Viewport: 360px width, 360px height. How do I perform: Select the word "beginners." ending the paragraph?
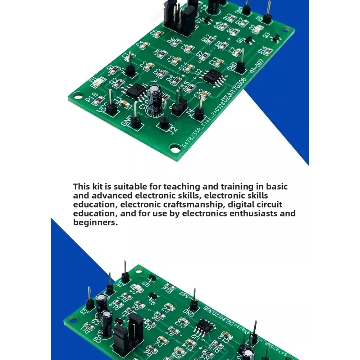[95, 223]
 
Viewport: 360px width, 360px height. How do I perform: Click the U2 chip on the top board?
[213, 76]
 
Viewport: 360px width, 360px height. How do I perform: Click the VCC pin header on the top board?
[111, 107]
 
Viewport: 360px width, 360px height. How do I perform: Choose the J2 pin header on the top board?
[164, 122]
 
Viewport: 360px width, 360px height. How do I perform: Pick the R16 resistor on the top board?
[267, 51]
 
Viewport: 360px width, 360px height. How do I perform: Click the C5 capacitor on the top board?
[156, 34]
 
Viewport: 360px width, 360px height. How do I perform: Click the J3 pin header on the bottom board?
[90, 304]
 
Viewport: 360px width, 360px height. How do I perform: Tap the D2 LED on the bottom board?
[136, 288]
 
